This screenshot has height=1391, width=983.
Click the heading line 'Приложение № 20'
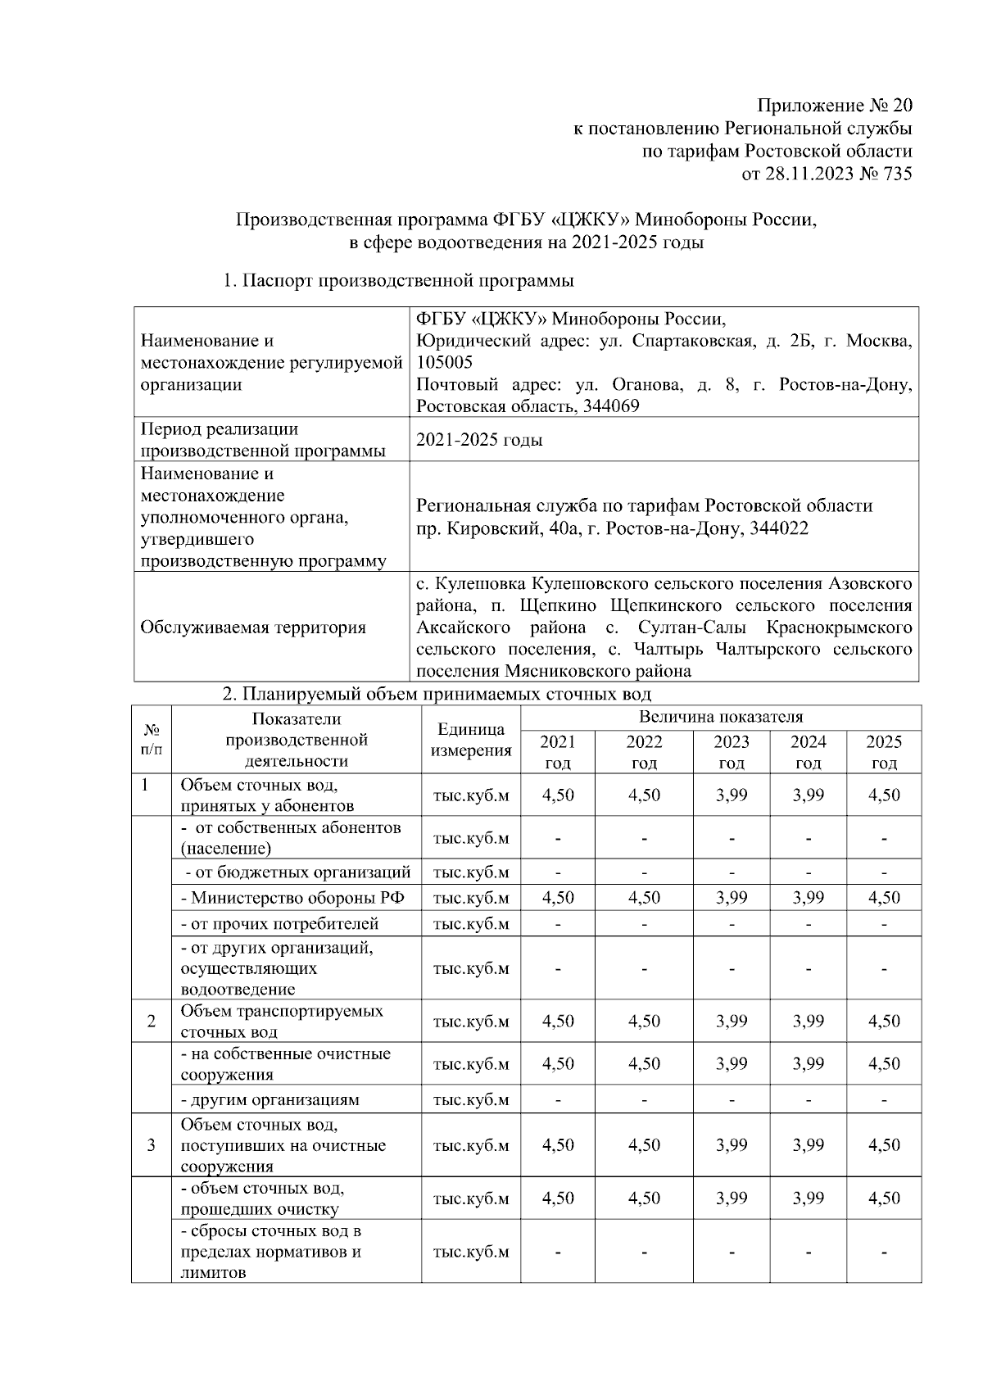(x=833, y=106)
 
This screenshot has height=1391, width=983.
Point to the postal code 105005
(x=444, y=362)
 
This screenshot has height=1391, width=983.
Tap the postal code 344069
(x=609, y=406)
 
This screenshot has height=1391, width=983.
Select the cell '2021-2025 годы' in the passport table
(x=479, y=440)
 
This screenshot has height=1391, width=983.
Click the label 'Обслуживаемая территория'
(x=253, y=628)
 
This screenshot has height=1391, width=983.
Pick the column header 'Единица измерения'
(x=471, y=740)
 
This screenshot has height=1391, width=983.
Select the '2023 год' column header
(x=731, y=752)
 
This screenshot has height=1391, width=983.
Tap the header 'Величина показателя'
(x=720, y=718)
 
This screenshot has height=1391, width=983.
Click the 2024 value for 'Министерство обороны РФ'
(x=808, y=898)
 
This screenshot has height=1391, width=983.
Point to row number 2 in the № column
(x=152, y=1022)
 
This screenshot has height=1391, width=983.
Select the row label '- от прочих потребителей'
(x=279, y=924)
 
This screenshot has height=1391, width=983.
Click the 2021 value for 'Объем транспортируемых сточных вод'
(x=558, y=1022)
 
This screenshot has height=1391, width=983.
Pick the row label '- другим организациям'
(x=270, y=1100)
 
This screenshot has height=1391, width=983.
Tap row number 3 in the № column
(x=152, y=1145)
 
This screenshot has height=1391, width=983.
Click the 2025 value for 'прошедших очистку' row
(x=884, y=1198)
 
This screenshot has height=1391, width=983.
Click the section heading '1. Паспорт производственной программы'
(x=399, y=281)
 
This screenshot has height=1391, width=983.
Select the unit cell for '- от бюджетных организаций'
(x=471, y=872)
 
